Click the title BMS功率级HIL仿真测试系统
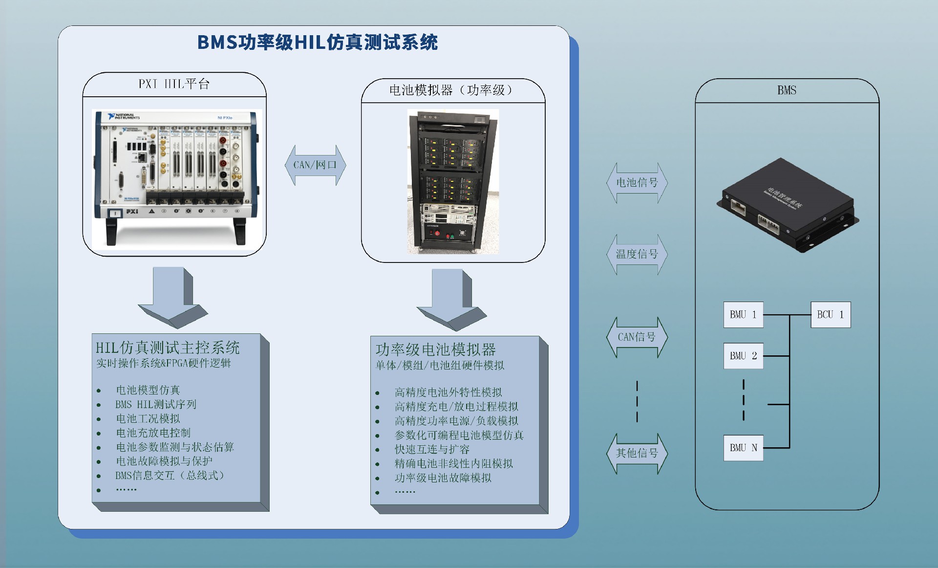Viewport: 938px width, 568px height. tap(317, 43)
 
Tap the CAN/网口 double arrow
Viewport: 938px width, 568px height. tap(315, 165)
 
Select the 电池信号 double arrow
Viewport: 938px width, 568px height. tap(637, 183)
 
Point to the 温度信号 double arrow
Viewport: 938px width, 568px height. tap(637, 254)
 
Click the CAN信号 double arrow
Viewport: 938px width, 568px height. tap(637, 337)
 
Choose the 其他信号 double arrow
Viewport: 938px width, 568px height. tap(637, 453)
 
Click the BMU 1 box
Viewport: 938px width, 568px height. tap(743, 315)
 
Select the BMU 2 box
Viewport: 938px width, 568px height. tap(743, 356)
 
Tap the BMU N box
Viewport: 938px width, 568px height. tap(743, 448)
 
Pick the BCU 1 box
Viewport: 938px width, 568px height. tap(831, 315)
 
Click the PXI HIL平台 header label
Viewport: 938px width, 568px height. tap(174, 84)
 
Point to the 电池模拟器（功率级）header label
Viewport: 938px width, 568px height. tap(452, 90)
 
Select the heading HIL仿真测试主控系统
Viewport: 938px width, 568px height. tap(168, 348)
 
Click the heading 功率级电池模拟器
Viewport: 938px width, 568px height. tap(435, 350)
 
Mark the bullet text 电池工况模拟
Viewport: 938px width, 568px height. tap(148, 419)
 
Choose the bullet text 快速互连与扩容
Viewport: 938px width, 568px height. tap(432, 450)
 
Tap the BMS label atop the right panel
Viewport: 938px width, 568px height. tap(787, 90)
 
